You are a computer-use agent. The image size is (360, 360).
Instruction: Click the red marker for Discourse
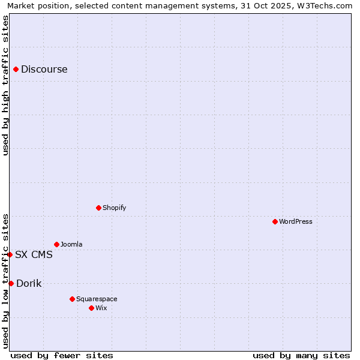click(16, 69)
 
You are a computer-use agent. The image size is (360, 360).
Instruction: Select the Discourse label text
click(44, 69)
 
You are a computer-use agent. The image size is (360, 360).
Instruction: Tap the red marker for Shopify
click(98, 208)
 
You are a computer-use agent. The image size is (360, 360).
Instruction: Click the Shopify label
click(114, 208)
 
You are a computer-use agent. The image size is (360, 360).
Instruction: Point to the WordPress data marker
click(275, 221)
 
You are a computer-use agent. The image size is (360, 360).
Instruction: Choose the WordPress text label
click(295, 221)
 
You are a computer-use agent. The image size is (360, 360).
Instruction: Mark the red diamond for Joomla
click(56, 244)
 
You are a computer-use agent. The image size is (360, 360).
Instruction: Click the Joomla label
click(71, 244)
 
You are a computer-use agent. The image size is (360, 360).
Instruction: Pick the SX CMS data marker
click(10, 254)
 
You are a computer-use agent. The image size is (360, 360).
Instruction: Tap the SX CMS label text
click(34, 254)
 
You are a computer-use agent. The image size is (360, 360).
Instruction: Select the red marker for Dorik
click(11, 283)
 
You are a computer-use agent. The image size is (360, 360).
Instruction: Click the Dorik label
click(29, 283)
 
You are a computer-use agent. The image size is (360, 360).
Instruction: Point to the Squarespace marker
click(72, 299)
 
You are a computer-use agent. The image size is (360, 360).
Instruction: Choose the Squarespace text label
click(97, 299)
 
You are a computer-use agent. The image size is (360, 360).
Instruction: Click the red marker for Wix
click(91, 308)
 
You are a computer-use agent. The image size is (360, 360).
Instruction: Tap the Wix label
click(101, 308)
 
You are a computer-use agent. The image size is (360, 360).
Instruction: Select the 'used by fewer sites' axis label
click(62, 355)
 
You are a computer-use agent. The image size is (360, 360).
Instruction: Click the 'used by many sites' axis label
click(301, 355)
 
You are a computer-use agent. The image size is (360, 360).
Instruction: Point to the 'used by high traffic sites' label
click(5, 85)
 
